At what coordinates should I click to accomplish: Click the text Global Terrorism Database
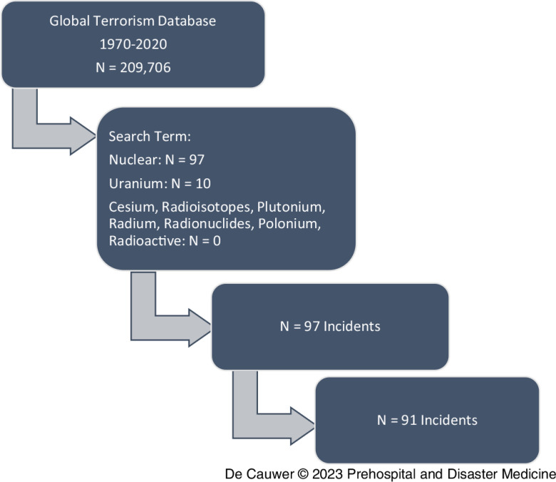[x=133, y=21]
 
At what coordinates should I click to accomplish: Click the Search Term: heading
[x=147, y=136]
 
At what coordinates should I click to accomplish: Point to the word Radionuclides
[x=205, y=225]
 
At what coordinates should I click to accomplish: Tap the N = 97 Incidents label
[x=329, y=327]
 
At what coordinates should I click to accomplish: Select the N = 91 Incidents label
[x=426, y=420]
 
